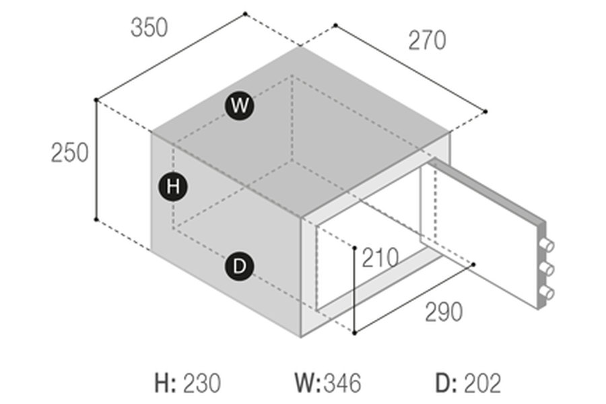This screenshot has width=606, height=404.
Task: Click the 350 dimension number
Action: point(149,28)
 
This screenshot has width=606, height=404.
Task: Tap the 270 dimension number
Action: point(427,41)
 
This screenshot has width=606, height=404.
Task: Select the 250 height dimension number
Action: point(69,154)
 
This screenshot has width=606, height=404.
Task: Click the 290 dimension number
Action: point(444,312)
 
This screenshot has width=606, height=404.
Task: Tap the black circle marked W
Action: point(239,106)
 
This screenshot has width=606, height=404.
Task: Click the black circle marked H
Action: point(173,187)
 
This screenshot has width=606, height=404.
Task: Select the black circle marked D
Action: point(239,267)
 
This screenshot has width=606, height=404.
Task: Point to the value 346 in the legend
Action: point(341,384)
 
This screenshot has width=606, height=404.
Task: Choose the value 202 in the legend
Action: point(482,384)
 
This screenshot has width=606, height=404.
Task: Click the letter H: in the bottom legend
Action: point(166,384)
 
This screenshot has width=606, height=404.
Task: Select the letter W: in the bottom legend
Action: point(308,384)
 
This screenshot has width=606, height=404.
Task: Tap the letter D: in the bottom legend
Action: point(446,384)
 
